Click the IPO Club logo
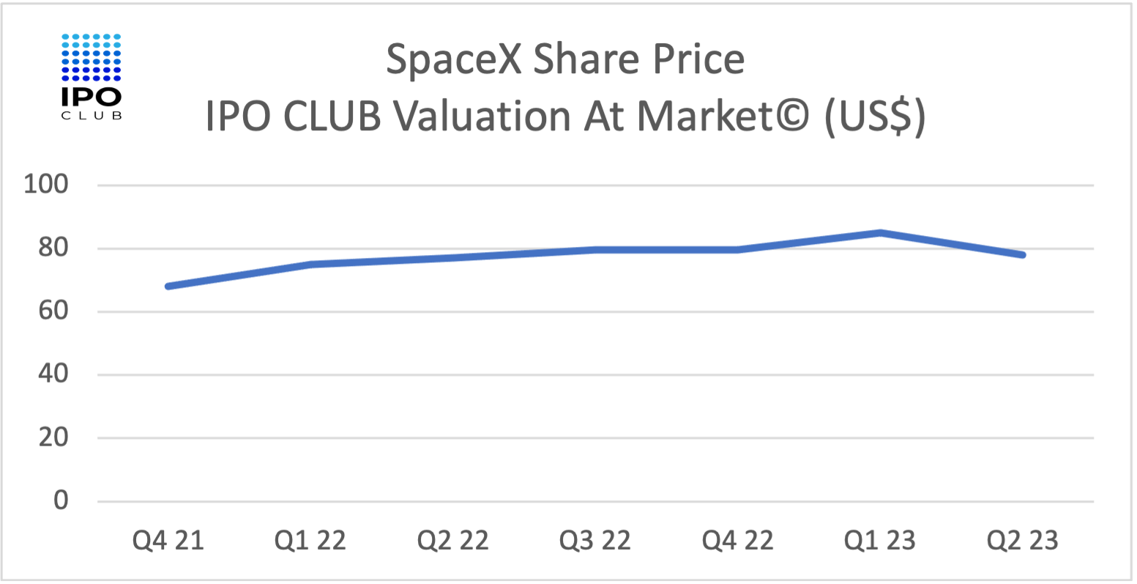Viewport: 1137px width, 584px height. click(92, 75)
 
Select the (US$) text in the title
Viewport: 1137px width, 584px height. click(876, 117)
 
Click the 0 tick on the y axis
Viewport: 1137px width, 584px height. click(60, 501)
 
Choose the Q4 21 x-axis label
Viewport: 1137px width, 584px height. click(168, 541)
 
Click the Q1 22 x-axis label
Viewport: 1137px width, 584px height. click(310, 541)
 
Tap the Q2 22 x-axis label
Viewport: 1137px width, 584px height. click(453, 541)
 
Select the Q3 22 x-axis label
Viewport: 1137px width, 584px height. click(595, 541)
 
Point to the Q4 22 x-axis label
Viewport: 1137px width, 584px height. click(738, 541)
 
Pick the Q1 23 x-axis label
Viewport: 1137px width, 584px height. click(880, 541)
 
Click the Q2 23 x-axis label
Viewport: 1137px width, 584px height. click(1023, 541)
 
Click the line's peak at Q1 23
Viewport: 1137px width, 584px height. click(880, 233)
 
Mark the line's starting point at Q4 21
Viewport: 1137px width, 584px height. click(169, 286)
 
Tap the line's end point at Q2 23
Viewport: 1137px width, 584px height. click(1022, 255)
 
